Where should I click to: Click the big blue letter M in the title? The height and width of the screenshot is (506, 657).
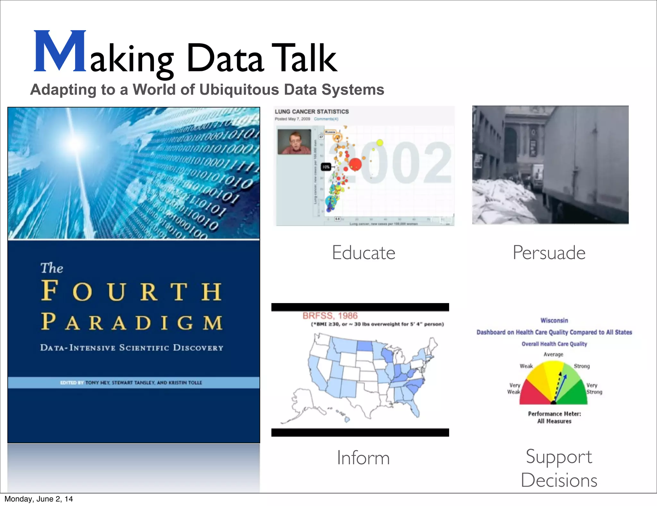[60, 51]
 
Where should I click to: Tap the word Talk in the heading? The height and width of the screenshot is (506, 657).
[304, 58]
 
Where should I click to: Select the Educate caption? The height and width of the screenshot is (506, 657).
[363, 253]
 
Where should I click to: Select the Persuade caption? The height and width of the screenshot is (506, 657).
[549, 253]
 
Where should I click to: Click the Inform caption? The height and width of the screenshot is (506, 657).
[363, 458]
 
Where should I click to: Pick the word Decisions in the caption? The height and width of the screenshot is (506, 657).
[559, 480]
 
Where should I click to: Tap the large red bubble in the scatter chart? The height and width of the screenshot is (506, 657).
[355, 164]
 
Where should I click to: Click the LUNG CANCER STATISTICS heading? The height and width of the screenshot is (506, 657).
[311, 112]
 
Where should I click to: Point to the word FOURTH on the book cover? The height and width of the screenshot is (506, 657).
[132, 291]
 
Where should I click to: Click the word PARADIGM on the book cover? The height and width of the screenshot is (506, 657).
[132, 322]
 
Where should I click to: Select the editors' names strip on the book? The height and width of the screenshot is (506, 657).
[133, 383]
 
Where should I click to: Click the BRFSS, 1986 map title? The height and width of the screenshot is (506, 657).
[330, 316]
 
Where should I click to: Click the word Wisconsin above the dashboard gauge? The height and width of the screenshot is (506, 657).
[554, 320]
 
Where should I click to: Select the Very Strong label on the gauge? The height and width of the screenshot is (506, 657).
[594, 388]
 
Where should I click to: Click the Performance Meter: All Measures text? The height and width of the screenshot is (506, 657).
[554, 417]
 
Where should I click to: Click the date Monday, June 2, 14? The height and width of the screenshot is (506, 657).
[38, 499]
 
